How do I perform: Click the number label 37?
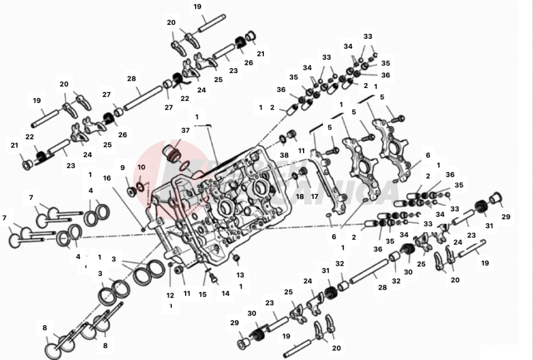[x=185, y=130]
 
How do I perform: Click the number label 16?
[x=107, y=178]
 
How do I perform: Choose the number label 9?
[x=122, y=167]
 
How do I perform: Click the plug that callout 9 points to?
[x=131, y=191]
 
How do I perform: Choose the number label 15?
[x=203, y=294]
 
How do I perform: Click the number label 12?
[x=170, y=295]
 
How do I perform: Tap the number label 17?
[x=314, y=196]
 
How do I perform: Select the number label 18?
[x=300, y=196]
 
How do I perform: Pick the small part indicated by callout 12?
[x=170, y=265]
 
